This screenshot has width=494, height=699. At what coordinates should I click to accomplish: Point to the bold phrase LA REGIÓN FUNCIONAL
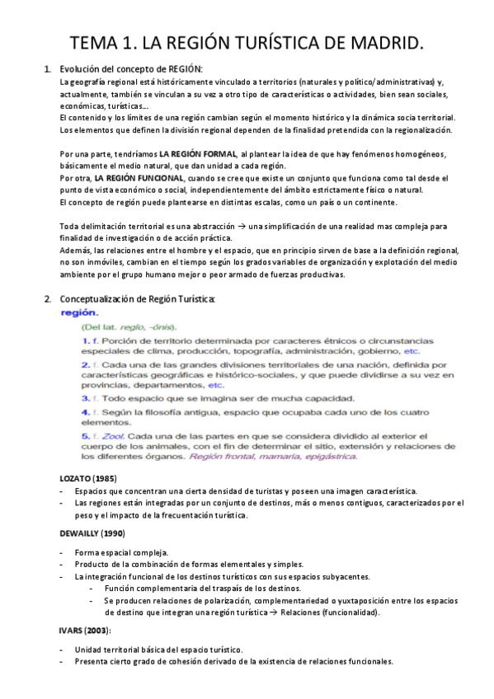pos(139,177)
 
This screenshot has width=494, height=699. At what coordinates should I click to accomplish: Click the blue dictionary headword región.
pos(82,313)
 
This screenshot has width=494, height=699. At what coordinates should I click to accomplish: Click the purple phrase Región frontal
pos(220,455)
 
